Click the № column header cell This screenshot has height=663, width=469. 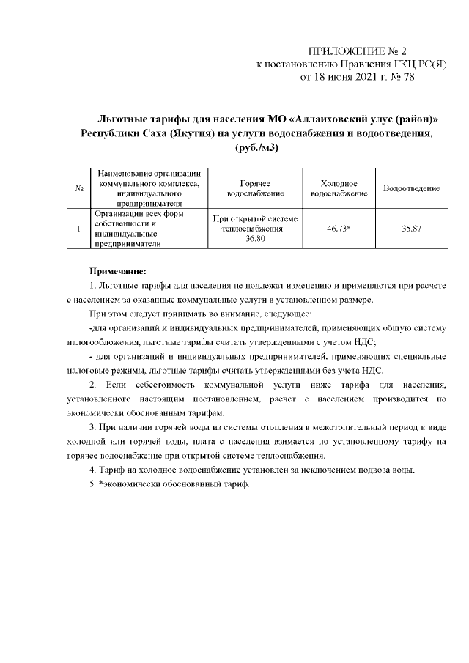coord(78,189)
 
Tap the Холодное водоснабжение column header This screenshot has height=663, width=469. coord(339,189)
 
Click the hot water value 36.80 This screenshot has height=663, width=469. coord(254,240)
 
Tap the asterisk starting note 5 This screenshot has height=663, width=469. coord(102,485)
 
